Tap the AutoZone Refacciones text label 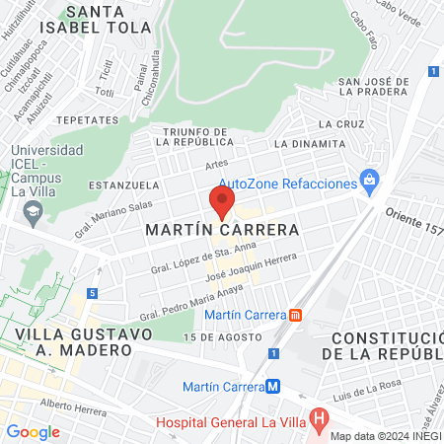coord(286,185)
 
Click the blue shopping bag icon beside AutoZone coord(370,182)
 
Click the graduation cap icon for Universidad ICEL coord(34,210)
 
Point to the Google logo coord(33,431)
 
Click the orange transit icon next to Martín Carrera coord(295,315)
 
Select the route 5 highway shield coord(92,293)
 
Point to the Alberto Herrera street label coord(72,405)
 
